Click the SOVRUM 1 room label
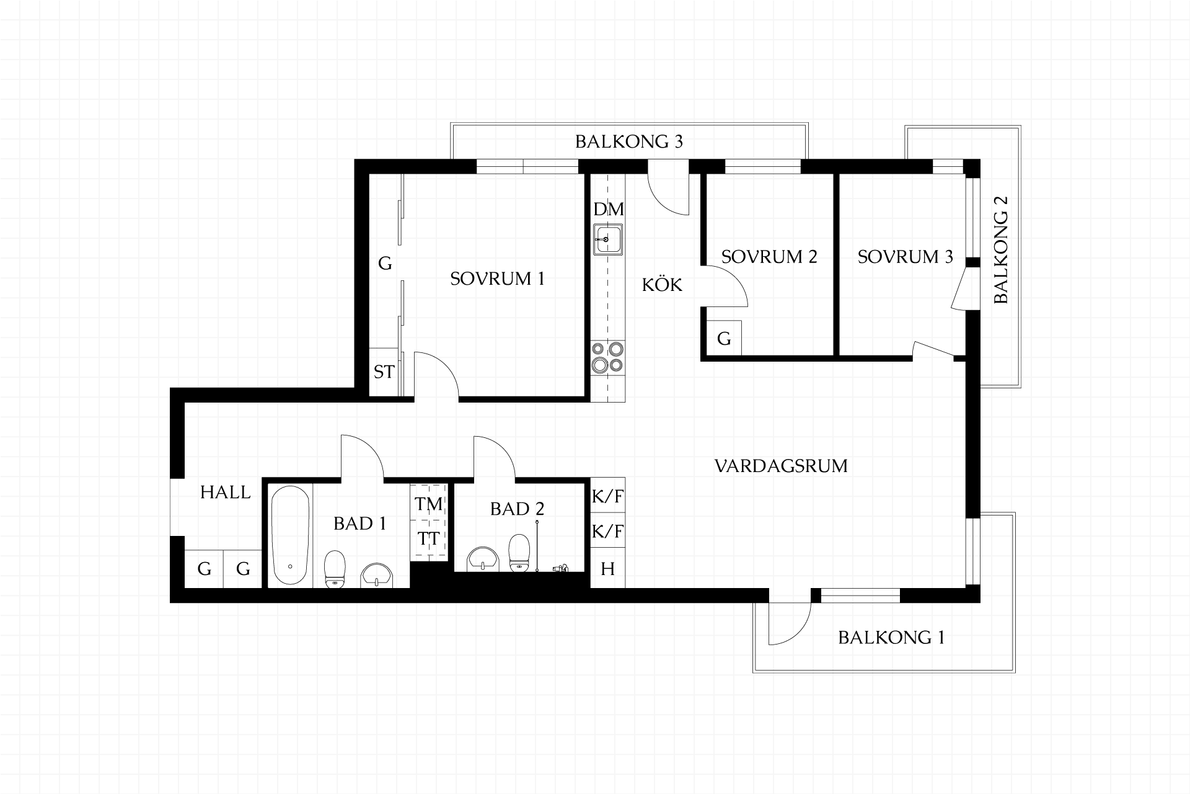(497, 279)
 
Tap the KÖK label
(662, 284)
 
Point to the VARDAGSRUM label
(781, 466)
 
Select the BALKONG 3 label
(629, 141)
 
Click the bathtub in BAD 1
(290, 535)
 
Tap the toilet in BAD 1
(335, 568)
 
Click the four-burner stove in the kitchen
(607, 357)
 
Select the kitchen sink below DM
(608, 239)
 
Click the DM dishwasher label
(609, 209)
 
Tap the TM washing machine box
(429, 504)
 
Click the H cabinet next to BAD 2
(607, 568)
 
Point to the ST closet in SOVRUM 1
(384, 372)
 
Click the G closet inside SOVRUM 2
(724, 339)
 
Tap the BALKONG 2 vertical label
(1001, 250)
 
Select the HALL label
(226, 493)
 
